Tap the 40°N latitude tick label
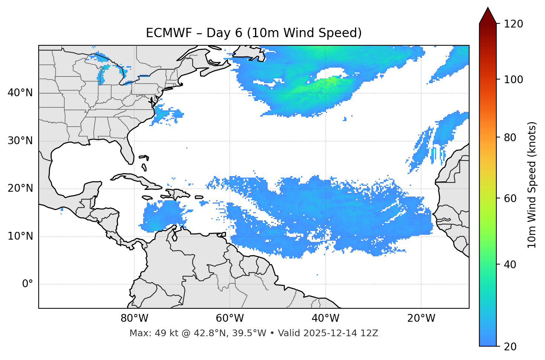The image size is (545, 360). coord(20,93)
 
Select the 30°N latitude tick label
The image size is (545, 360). coord(20,141)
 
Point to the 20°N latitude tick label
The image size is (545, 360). coord(20,188)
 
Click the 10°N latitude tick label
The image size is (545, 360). coord(20,236)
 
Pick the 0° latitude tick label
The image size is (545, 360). coord(28,284)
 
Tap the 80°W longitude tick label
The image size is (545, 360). coord(134,318)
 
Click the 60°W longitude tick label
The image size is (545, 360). coord(230,318)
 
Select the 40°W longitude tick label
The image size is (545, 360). coord(325,318)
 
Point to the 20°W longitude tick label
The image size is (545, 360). coord(421,318)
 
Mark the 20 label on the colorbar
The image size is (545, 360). coord(510,347)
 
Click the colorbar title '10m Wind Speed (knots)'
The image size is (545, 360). coord(532,185)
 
